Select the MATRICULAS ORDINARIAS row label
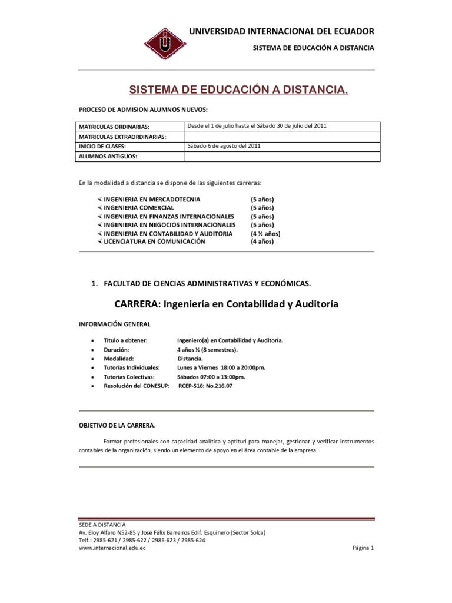point(115,127)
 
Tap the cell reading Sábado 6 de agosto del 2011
point(223,145)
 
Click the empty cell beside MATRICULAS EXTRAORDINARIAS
point(282,137)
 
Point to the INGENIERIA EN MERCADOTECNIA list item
point(152,200)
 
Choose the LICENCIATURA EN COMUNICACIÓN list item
point(154,241)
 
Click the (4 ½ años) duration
point(265,233)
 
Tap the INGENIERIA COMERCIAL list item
point(139,208)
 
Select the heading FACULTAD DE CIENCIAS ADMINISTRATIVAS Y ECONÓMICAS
point(207,283)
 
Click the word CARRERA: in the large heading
point(137,304)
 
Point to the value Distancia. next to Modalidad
point(190,358)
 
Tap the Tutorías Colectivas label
point(129,376)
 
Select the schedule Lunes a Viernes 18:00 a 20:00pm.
point(221,367)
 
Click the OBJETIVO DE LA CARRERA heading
point(118,424)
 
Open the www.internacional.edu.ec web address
point(112,547)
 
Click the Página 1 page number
point(363,547)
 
